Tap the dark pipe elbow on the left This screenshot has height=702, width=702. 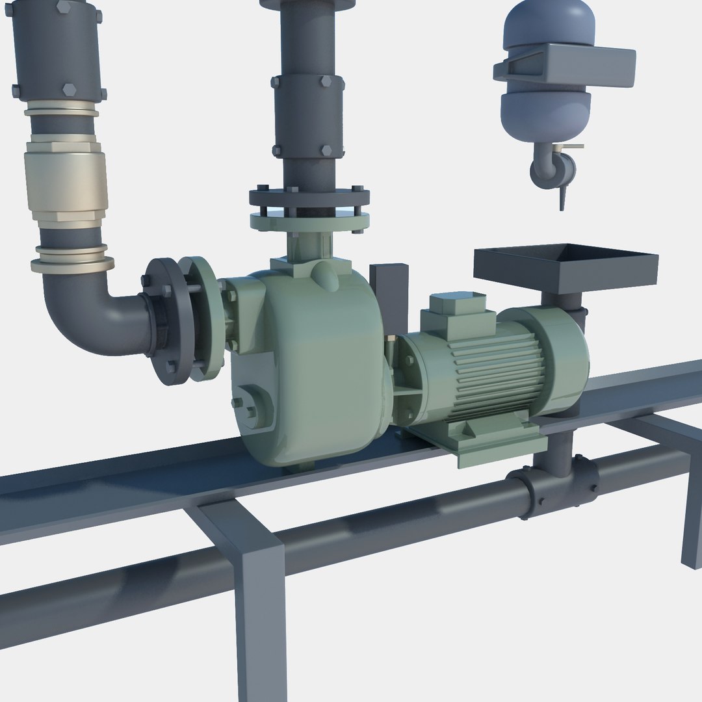click(91, 312)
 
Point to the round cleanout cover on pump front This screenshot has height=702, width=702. click(252, 406)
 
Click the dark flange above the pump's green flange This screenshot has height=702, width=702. click(309, 195)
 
